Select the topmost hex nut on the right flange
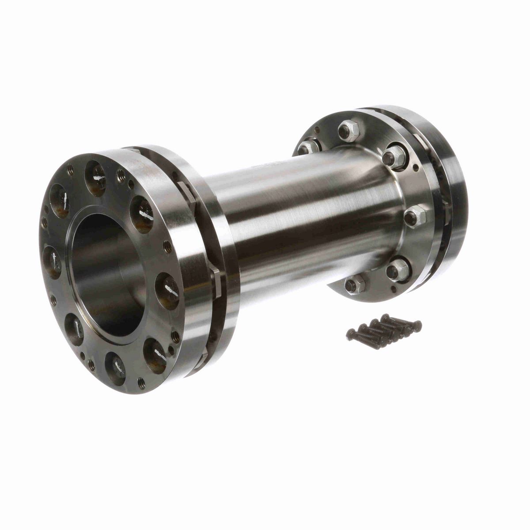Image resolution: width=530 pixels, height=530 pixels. click(348, 131)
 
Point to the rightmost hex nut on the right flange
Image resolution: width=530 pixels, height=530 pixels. click(416, 216)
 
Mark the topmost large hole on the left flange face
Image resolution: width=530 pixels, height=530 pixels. click(96, 173)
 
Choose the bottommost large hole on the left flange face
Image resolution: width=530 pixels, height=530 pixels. click(115, 363)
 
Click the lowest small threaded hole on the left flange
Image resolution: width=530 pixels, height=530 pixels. click(141, 383)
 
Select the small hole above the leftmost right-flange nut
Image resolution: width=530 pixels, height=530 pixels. click(317, 129)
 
